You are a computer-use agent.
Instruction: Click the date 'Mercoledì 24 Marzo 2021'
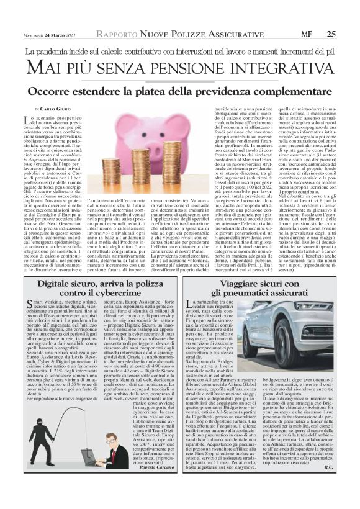tap(48, 35)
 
